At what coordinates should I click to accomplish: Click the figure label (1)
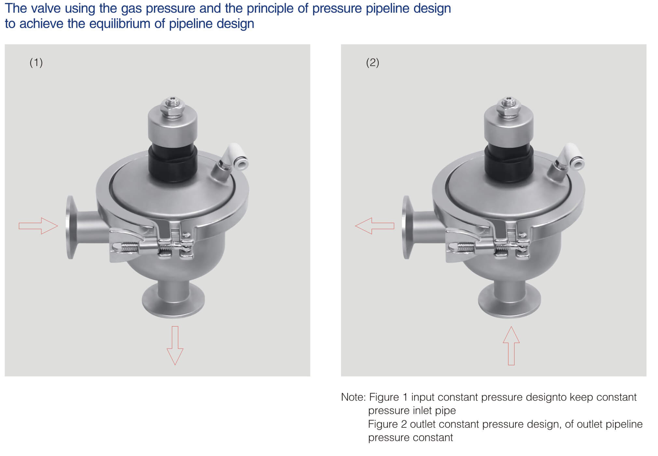[x=36, y=62]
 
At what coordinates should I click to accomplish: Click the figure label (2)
[x=373, y=62]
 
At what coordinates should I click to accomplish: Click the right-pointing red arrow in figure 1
[x=38, y=226]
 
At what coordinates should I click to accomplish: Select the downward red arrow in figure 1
[x=175, y=345]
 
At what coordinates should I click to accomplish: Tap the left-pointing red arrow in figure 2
[x=375, y=226]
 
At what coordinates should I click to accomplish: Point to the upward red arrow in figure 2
[x=511, y=345]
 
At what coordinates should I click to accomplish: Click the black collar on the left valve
[x=173, y=163]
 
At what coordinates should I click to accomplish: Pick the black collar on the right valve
[x=509, y=163]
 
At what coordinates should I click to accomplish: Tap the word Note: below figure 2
[x=353, y=397]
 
